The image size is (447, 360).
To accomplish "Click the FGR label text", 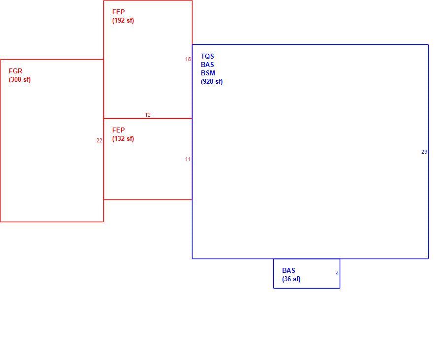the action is (15, 71).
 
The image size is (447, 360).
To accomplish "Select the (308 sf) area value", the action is (20, 80).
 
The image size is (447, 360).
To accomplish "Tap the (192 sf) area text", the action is (123, 21).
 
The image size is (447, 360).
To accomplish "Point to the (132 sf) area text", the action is (123, 139).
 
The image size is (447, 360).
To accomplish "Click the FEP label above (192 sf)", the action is (118, 12).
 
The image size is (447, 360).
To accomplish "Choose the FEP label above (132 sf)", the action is (118, 130).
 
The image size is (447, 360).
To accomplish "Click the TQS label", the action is (207, 56).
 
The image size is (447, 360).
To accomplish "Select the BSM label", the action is (208, 73).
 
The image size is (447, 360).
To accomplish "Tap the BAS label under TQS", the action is (207, 65).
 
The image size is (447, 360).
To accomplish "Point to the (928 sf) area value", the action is (212, 82).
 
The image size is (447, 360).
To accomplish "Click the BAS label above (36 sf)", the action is (288, 270).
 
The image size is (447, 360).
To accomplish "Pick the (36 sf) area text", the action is (291, 279).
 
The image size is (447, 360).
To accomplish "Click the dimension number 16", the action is (188, 59).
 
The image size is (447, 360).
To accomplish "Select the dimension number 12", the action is (148, 115).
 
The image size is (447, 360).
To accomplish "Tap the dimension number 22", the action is (99, 141).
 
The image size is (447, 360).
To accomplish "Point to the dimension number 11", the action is (188, 159).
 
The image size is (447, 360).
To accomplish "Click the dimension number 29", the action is (424, 152).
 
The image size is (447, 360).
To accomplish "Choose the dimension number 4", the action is (337, 273).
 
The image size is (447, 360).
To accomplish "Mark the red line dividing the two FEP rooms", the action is (148, 118).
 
